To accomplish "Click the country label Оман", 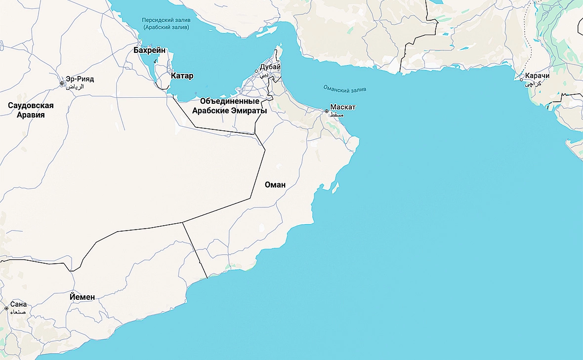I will (275, 185).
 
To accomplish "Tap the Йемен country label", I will (82, 297).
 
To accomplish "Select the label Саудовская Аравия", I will (31, 110).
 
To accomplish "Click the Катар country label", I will (182, 76).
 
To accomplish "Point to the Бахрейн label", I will (150, 50).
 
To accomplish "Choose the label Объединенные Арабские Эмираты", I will (229, 106).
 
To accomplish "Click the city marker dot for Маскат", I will (327, 111).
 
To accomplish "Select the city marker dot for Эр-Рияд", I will (62, 83).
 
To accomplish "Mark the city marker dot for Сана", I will (6, 308).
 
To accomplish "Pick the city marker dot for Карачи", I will (521, 79).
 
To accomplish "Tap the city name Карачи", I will (538, 76).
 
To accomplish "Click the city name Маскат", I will (343, 107).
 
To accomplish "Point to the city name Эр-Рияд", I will (80, 79).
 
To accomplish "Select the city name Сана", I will (18, 304).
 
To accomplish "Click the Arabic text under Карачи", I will (533, 84).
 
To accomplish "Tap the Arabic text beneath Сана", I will (18, 312).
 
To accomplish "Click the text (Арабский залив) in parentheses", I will (166, 28).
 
